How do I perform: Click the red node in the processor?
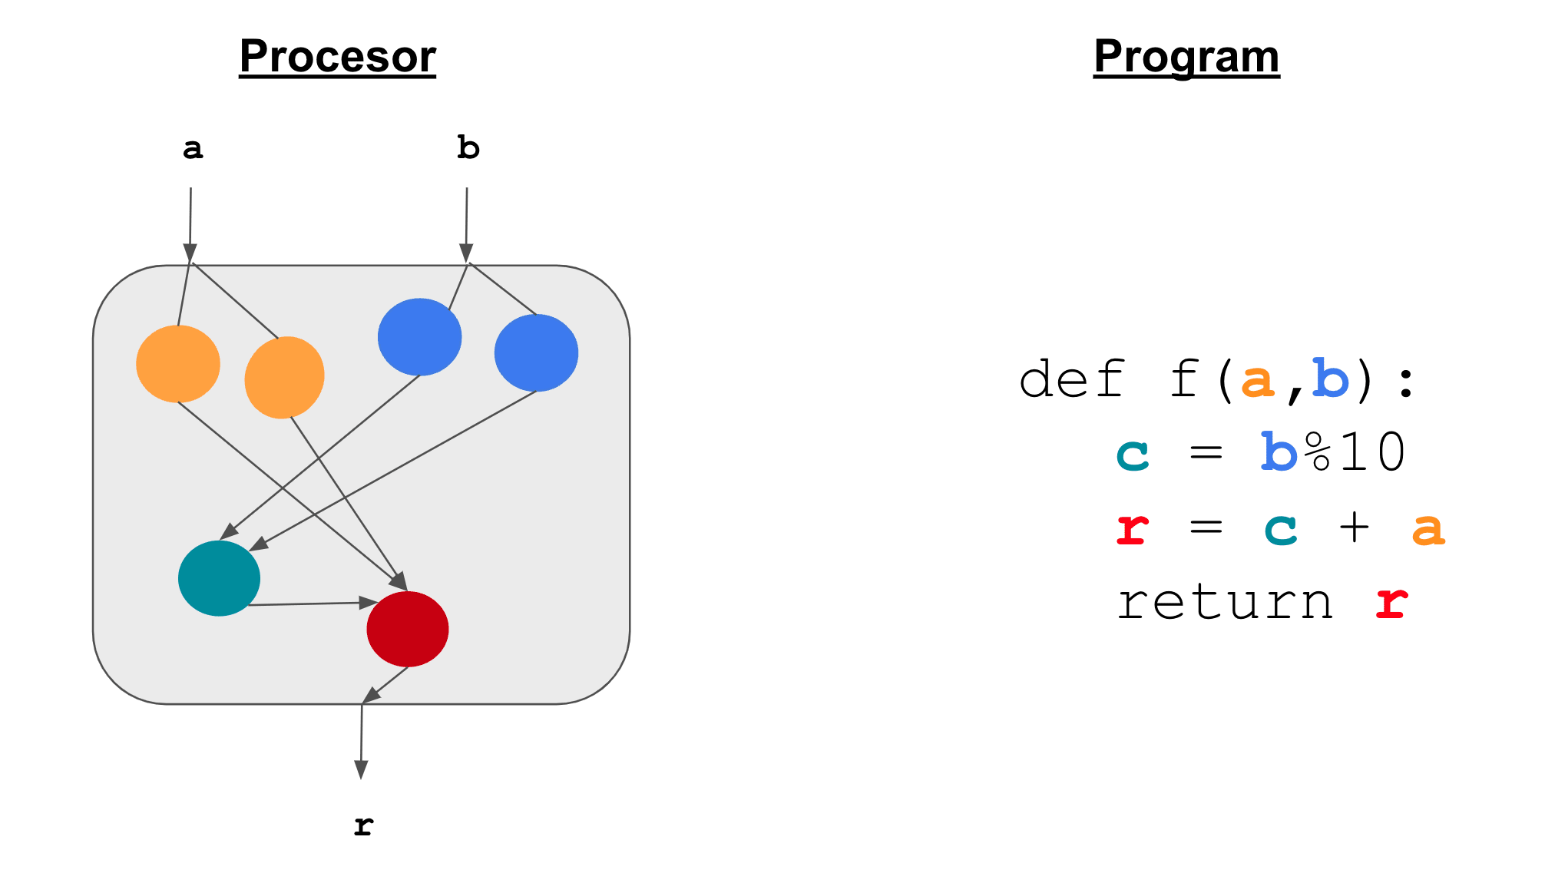(x=407, y=629)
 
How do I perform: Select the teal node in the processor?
(x=219, y=578)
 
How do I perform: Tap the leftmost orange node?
(x=178, y=364)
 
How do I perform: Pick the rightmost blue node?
(x=536, y=353)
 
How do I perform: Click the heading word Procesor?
(x=337, y=56)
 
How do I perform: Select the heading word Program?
(x=1186, y=56)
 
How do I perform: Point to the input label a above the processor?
(x=193, y=148)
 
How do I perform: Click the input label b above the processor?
(x=468, y=147)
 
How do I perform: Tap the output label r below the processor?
(x=363, y=826)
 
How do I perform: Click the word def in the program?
(x=1072, y=379)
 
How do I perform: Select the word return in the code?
(x=1226, y=602)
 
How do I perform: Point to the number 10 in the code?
(x=1373, y=452)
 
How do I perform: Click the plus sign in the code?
(x=1354, y=527)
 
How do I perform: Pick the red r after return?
(x=1391, y=602)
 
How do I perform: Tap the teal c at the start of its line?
(x=1133, y=454)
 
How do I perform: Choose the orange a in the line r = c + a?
(x=1428, y=529)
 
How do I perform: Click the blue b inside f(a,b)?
(x=1331, y=379)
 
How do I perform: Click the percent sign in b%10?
(x=1318, y=452)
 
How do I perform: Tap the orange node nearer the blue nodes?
(x=284, y=377)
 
